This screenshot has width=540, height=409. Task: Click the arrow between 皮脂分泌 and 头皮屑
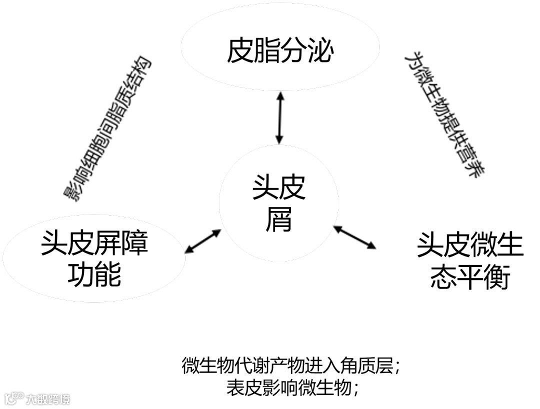click(279, 118)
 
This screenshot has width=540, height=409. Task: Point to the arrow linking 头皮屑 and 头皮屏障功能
click(203, 240)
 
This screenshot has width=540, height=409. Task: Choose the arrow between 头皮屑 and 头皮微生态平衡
click(355, 237)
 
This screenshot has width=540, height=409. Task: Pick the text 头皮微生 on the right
click(470, 245)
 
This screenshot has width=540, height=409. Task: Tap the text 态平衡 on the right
click(470, 276)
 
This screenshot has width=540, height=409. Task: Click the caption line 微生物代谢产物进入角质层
click(290, 366)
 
